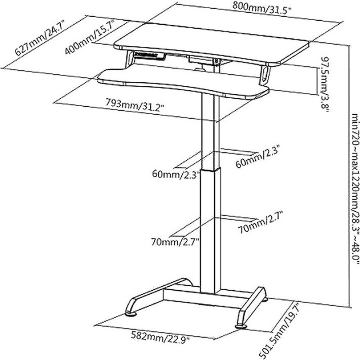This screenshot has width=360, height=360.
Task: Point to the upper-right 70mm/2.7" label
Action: click(260, 222)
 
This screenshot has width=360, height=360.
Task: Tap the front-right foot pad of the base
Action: click(241, 326)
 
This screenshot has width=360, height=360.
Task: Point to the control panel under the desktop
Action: click(149, 55)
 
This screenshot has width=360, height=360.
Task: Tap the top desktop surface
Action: click(211, 43)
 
